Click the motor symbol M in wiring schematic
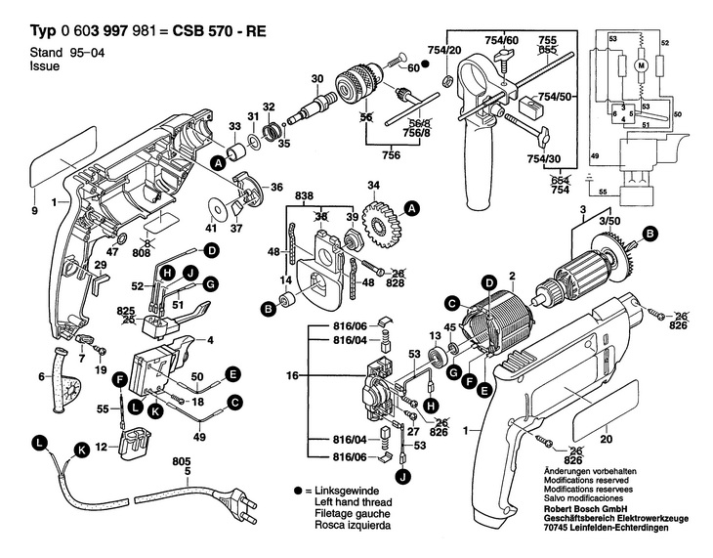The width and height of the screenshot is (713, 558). click(642, 64)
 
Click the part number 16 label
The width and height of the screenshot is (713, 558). click(289, 374)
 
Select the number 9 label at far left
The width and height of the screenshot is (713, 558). click(34, 211)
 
